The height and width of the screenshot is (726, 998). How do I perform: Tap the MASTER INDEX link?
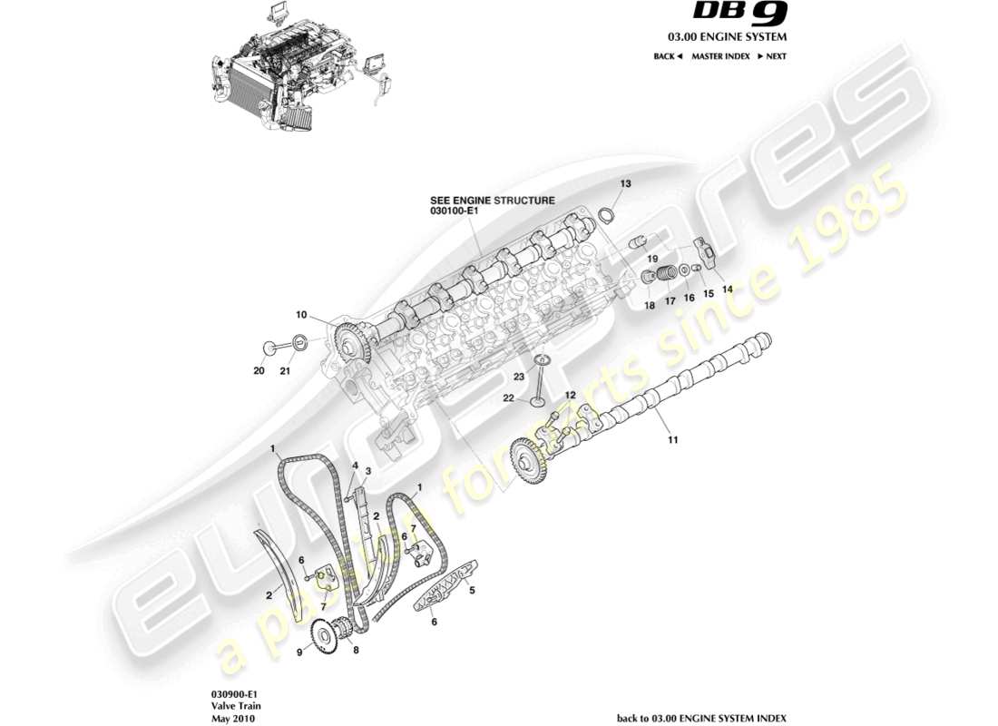click(719, 56)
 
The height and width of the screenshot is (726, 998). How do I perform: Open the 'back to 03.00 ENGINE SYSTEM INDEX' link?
click(701, 718)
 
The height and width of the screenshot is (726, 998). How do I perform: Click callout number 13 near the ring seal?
click(626, 183)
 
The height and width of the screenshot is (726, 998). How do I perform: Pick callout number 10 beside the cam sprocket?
click(300, 315)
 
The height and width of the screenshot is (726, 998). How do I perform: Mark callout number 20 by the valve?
click(259, 370)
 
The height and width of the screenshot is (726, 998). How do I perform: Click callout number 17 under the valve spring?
click(670, 301)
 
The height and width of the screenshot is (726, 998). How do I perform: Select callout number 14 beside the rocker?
click(726, 289)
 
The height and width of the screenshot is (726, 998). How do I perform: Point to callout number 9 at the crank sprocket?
click(298, 652)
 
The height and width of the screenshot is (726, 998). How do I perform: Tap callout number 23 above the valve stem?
click(519, 375)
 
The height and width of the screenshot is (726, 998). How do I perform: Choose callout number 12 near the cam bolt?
click(570, 395)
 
